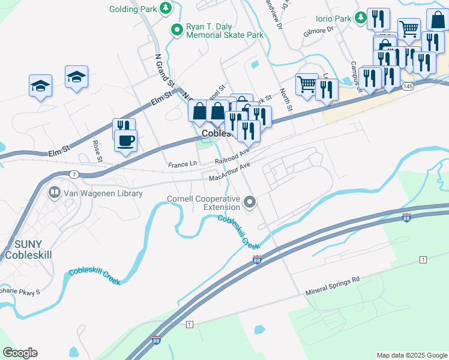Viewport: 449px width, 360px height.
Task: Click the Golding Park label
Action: point(132,9)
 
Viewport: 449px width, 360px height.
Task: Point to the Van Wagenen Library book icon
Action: point(54,193)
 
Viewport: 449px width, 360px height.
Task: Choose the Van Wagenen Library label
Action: point(103,193)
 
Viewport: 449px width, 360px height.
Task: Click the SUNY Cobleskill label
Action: point(29,250)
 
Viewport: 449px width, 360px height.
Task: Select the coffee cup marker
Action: point(125,141)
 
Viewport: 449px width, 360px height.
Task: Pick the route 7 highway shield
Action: point(73,174)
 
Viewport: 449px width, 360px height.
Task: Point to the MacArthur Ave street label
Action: point(229,175)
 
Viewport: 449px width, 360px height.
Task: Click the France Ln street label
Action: point(182,164)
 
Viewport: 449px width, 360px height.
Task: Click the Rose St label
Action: point(97,151)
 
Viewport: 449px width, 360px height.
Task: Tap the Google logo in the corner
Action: point(20,353)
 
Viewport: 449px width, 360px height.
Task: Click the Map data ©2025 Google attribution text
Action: point(412,355)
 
